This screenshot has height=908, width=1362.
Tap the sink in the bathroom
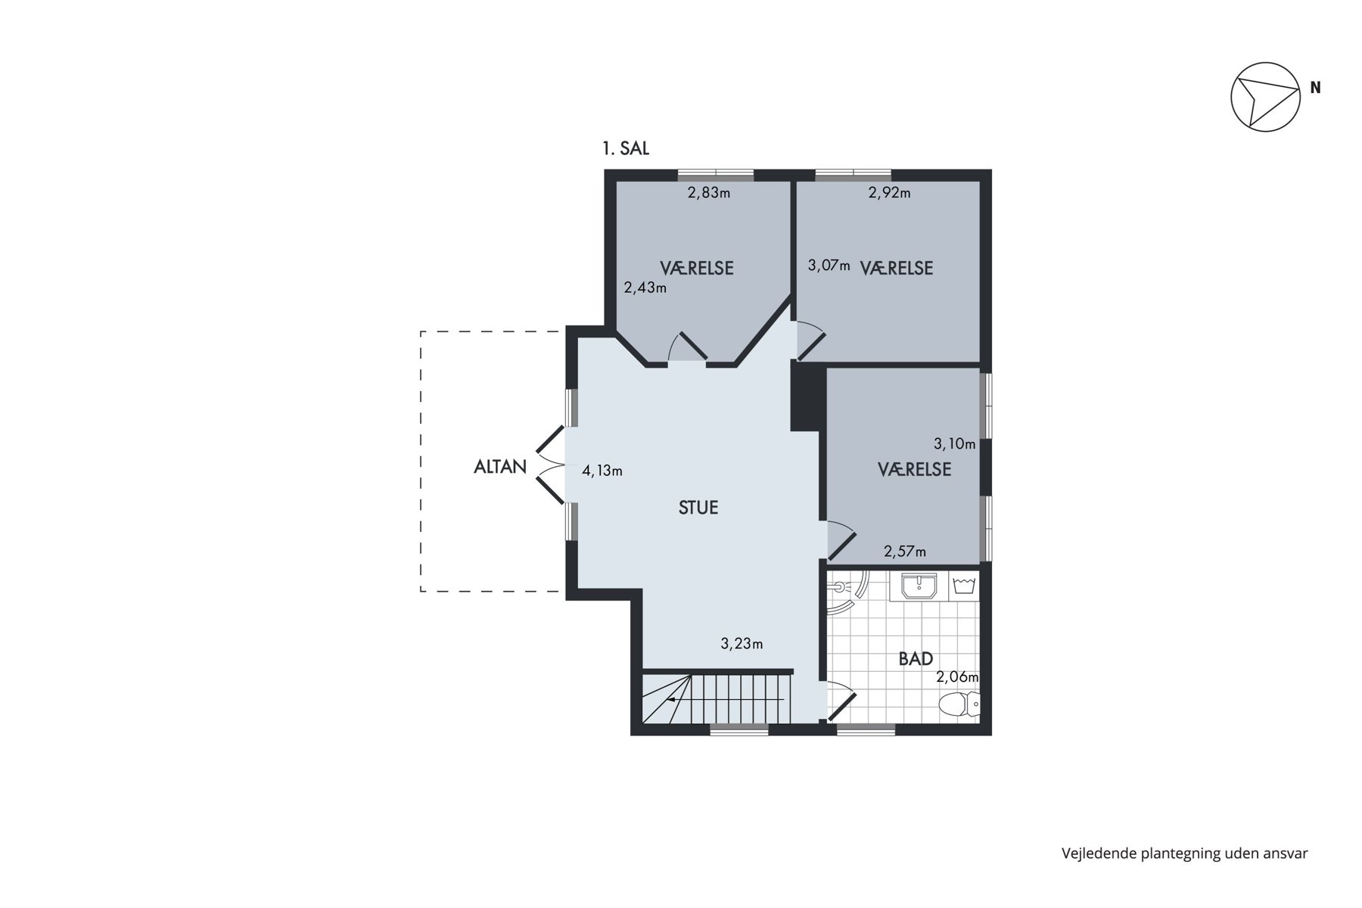click(919, 586)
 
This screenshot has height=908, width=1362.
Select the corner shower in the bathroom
click(848, 595)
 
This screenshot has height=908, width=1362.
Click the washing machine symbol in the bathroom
click(963, 586)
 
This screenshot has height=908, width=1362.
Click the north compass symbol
click(1265, 97)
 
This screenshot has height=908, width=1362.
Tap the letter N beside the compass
click(1316, 88)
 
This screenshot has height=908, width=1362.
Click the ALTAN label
click(500, 467)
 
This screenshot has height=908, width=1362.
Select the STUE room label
click(698, 508)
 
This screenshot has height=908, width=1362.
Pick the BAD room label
click(916, 659)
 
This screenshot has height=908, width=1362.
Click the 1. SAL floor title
click(626, 149)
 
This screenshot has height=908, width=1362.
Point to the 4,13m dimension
click(602, 471)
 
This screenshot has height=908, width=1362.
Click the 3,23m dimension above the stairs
click(742, 644)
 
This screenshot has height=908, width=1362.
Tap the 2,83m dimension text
click(709, 193)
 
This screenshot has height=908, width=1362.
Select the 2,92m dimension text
click(890, 193)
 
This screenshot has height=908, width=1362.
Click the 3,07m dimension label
click(829, 266)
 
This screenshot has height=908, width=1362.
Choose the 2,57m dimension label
click(905, 552)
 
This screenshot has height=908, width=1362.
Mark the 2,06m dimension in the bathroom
click(957, 677)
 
